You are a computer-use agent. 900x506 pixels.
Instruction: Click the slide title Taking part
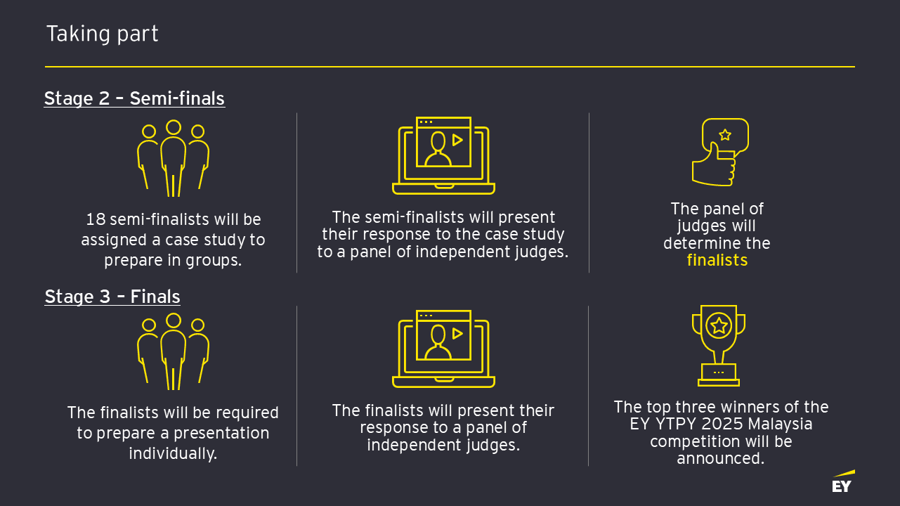(x=102, y=34)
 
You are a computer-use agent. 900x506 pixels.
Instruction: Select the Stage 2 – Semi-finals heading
(x=134, y=98)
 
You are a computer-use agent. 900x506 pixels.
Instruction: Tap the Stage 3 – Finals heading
(x=112, y=297)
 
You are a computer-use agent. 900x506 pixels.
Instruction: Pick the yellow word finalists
(x=717, y=261)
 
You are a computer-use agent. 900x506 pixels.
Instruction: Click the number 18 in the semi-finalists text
(x=95, y=220)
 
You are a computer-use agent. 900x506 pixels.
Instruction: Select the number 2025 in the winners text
(x=711, y=424)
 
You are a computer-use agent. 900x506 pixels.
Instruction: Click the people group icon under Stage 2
(x=173, y=158)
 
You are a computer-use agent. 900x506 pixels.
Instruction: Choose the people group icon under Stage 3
(x=173, y=351)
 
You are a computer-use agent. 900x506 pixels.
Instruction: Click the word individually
(x=173, y=453)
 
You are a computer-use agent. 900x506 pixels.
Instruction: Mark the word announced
(x=719, y=459)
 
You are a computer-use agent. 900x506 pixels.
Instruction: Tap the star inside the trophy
(x=719, y=325)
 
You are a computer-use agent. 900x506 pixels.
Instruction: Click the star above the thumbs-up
(x=725, y=135)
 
